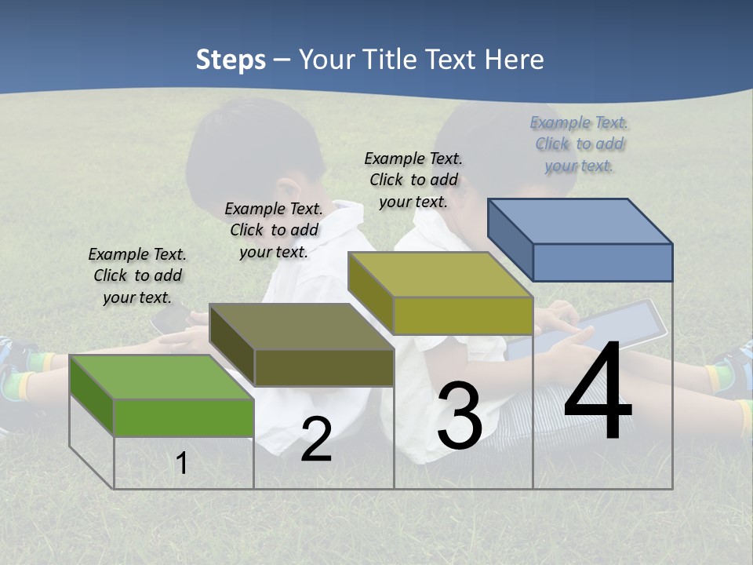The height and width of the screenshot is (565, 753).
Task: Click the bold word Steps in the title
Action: point(231,60)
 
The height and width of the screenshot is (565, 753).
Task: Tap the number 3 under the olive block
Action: point(460,415)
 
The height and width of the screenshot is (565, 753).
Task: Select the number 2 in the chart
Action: point(316,439)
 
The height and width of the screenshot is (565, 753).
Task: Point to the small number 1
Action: point(181,463)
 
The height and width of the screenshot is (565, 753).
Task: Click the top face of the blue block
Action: point(580,221)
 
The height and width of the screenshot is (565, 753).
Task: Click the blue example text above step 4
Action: point(579,144)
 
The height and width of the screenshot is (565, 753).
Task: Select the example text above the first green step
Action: point(137,275)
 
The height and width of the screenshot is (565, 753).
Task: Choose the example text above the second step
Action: point(274,230)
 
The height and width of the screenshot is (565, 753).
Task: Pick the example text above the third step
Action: point(413,180)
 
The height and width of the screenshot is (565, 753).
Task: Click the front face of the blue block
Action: point(602,262)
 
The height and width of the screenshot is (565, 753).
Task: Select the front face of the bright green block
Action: point(184,417)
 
